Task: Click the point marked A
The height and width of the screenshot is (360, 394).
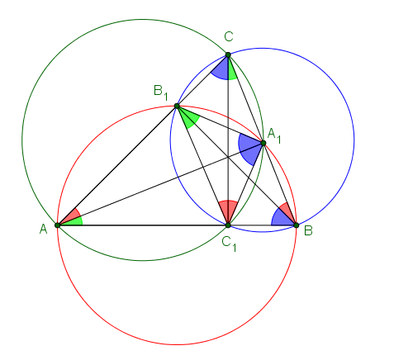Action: tap(57, 225)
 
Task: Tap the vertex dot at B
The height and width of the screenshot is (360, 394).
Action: tap(297, 225)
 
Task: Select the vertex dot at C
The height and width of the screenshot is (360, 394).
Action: tap(228, 54)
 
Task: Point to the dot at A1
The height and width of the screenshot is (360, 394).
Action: tap(263, 143)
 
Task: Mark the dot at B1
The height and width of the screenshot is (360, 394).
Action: tap(177, 106)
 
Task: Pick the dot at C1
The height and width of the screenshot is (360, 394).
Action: tap(228, 225)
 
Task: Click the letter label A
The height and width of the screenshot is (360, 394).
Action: tap(44, 229)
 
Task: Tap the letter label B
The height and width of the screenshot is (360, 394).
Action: tap(308, 230)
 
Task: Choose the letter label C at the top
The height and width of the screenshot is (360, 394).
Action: tap(229, 36)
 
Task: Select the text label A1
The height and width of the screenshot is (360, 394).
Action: tap(274, 136)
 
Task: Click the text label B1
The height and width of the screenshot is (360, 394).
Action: tap(160, 92)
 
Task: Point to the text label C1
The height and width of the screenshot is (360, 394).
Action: tap(229, 244)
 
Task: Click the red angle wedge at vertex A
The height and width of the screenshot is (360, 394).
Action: tap(72, 216)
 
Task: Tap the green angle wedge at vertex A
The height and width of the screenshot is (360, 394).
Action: tap(74, 221)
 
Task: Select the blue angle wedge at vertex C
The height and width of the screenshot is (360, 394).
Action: tap(221, 69)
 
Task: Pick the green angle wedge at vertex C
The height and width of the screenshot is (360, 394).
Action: tap(232, 71)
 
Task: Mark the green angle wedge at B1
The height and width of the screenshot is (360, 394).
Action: tap(189, 118)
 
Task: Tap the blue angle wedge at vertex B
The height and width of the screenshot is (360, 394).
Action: tap(281, 219)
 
